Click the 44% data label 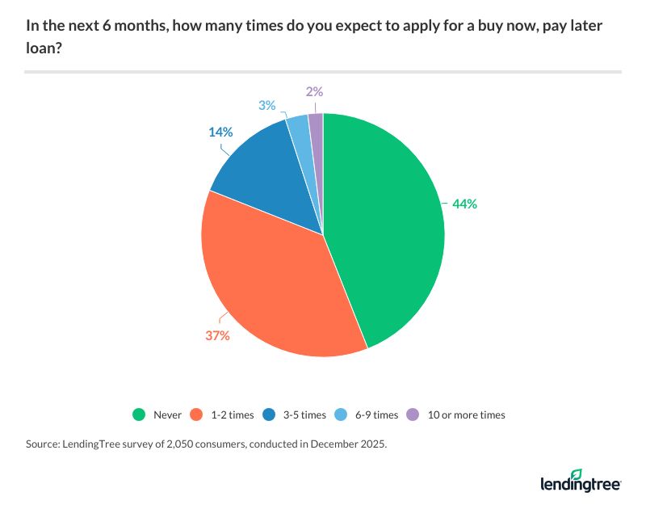tap(465, 204)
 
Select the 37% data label tap(217, 335)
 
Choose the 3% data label tap(267, 105)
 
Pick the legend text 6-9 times tap(375, 415)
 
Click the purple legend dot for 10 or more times tap(413, 415)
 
